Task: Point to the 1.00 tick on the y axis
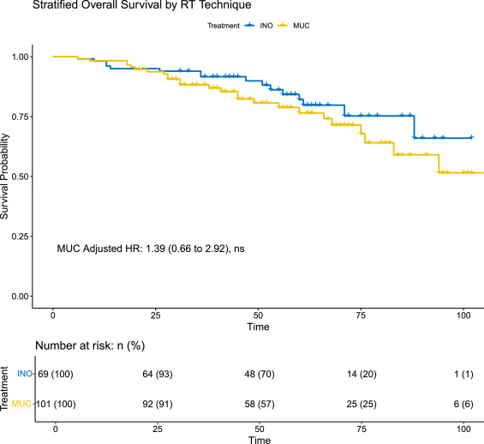click(x=18, y=57)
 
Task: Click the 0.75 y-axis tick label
click(x=18, y=117)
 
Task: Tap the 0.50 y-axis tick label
click(x=18, y=177)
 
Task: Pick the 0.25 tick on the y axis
click(x=18, y=237)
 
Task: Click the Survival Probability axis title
click(x=6, y=176)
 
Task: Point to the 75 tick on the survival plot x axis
click(x=362, y=315)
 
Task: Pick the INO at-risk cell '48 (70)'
click(x=259, y=375)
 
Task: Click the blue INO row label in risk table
click(x=25, y=375)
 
